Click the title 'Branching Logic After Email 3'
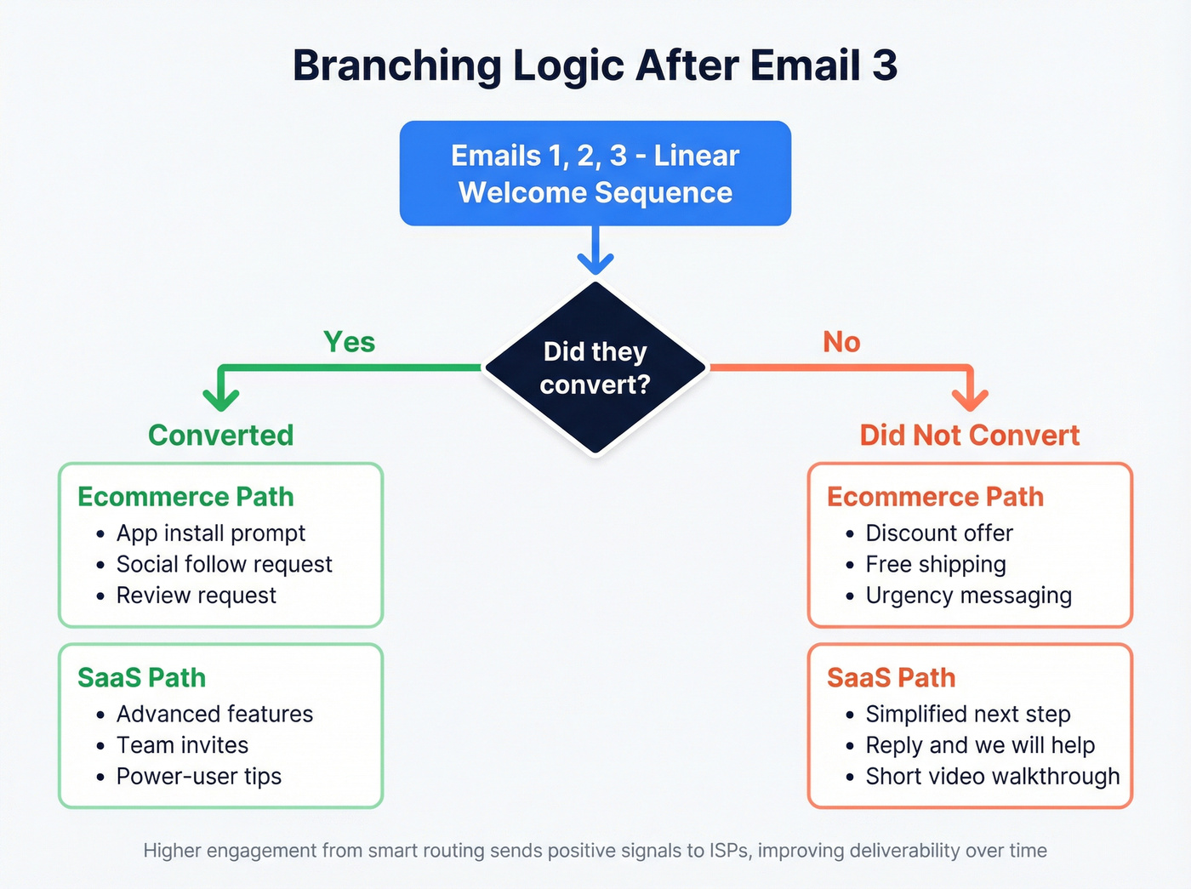[x=595, y=66]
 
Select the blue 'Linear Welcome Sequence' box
[x=595, y=174]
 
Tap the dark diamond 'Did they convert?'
[x=595, y=368]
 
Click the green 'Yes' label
[x=349, y=342]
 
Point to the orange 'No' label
[x=841, y=342]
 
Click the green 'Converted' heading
[x=220, y=436]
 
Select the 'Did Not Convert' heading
[x=969, y=436]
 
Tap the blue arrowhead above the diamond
[x=595, y=261]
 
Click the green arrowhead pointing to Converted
[x=221, y=397]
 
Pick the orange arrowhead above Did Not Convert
[x=970, y=397]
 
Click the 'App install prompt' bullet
[x=210, y=533]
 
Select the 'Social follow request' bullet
[x=224, y=565]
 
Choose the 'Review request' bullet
[x=196, y=596]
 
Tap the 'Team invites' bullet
[x=182, y=745]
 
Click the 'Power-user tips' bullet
[x=198, y=777]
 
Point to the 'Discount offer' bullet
[x=939, y=533]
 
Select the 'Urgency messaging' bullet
[x=968, y=596]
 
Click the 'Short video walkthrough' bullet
[x=992, y=777]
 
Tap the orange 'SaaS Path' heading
[x=891, y=678]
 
